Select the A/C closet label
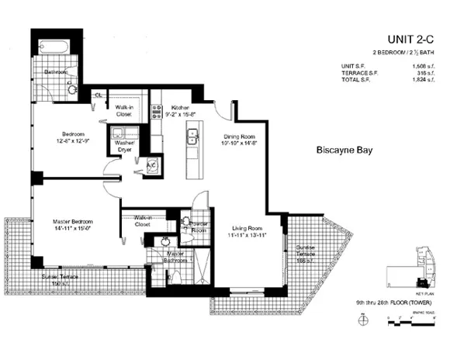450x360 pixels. pos(153,166)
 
